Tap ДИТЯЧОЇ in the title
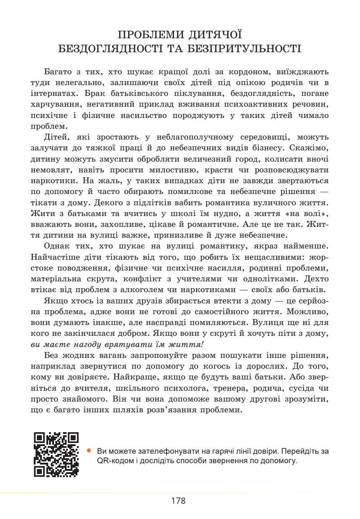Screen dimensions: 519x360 tap(213, 35)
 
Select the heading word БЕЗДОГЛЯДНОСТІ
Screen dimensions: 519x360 tap(112, 49)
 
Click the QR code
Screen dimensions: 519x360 tap(56, 455)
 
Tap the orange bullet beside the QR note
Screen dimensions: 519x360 tap(89, 450)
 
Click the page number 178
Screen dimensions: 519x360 tap(178, 501)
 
